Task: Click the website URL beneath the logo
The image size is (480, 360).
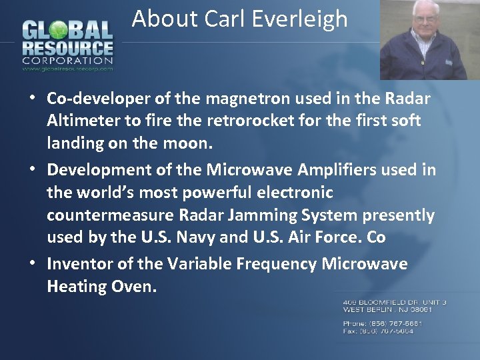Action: [67, 68]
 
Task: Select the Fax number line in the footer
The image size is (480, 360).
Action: [378, 331]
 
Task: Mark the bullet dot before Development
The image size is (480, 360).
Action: [33, 169]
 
